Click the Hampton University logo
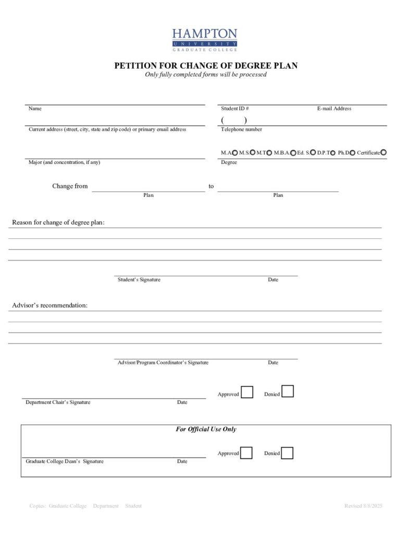click(x=205, y=40)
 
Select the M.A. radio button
click(x=235, y=153)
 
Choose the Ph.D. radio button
click(x=353, y=153)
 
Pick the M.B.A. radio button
click(x=293, y=153)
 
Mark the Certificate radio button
click(x=384, y=153)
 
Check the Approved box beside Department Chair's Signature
click(x=247, y=392)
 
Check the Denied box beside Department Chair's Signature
click(x=288, y=391)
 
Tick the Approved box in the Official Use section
click(x=246, y=453)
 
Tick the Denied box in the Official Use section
click(x=287, y=453)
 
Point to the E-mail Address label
click(x=334, y=109)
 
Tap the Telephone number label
click(x=241, y=129)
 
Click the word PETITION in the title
click(x=133, y=66)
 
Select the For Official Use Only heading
click(x=206, y=429)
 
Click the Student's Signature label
click(x=139, y=280)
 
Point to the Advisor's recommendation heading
click(x=49, y=305)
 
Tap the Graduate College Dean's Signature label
click(x=65, y=461)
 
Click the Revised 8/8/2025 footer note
click(x=363, y=506)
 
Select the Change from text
click(x=70, y=186)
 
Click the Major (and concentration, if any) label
click(x=64, y=162)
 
